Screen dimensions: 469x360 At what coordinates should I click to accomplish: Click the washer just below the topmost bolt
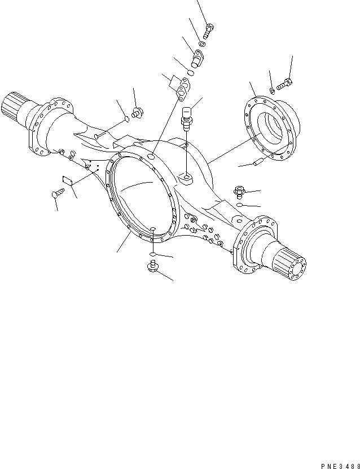(202, 43)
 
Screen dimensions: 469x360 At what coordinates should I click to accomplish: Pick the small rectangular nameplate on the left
(66, 181)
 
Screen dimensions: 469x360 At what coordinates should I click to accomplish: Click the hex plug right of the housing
(238, 191)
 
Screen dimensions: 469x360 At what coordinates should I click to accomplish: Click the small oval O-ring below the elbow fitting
(191, 73)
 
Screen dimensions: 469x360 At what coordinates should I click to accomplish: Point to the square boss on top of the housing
(186, 178)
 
